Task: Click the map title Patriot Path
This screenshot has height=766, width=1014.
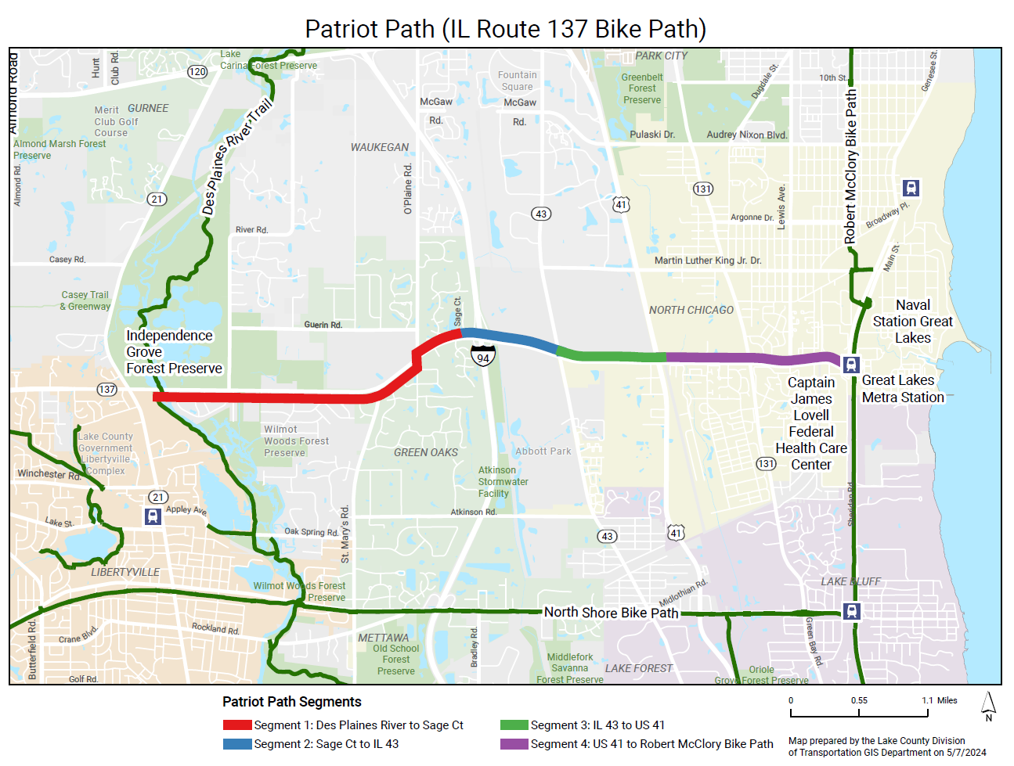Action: [x=505, y=29]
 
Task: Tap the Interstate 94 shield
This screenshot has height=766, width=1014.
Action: [x=483, y=356]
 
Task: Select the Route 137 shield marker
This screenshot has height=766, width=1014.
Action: [x=107, y=389]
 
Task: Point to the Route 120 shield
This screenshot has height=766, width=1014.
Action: [x=197, y=72]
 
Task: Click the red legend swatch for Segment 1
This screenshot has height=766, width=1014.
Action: [x=236, y=725]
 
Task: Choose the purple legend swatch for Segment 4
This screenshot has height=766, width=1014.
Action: [x=514, y=744]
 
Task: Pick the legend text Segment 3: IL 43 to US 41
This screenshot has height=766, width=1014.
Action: [x=597, y=725]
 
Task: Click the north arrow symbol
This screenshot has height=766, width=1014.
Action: [x=989, y=706]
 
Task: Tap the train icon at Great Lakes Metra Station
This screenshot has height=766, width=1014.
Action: [x=851, y=364]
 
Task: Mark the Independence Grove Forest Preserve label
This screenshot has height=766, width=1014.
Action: [x=174, y=352]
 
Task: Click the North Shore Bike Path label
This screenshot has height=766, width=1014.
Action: [x=611, y=613]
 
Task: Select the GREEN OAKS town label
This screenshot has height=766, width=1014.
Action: [x=426, y=452]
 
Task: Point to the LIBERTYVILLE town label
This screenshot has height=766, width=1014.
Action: [x=125, y=572]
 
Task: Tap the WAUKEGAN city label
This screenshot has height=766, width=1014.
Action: [x=380, y=147]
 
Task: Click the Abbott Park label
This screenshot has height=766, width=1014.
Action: [x=543, y=451]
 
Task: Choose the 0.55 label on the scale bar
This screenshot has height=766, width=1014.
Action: [x=859, y=700]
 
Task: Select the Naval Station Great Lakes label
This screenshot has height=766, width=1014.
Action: [x=913, y=322]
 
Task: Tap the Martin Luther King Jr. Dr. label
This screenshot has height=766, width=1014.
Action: [x=708, y=261]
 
